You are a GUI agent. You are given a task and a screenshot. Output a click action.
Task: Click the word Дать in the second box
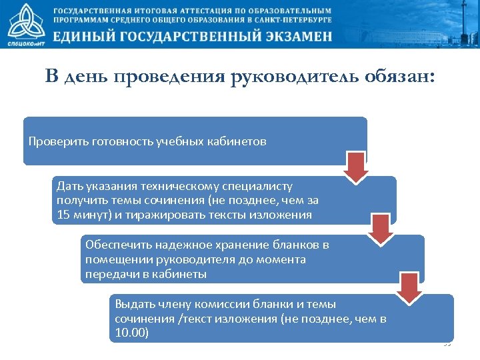click(x=69, y=187)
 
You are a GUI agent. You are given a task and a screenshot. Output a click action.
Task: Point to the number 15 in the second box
click(x=63, y=215)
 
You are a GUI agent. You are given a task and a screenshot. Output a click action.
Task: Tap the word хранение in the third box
click(x=235, y=245)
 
